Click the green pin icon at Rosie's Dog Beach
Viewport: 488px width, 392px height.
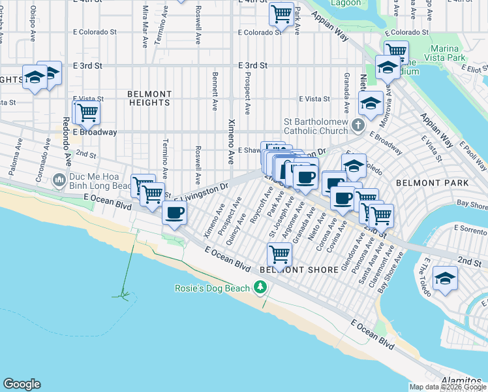tap(260, 287)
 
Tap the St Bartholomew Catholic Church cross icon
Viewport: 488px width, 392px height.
tap(357, 124)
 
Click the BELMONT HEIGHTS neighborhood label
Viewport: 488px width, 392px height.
tap(149, 98)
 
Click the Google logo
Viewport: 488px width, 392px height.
tap(22, 384)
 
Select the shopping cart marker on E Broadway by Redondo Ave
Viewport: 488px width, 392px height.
tap(87, 112)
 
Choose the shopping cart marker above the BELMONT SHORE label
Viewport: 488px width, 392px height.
tap(280, 253)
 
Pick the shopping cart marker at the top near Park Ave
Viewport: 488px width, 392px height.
tap(281, 12)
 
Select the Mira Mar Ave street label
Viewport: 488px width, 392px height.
tap(145, 27)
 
